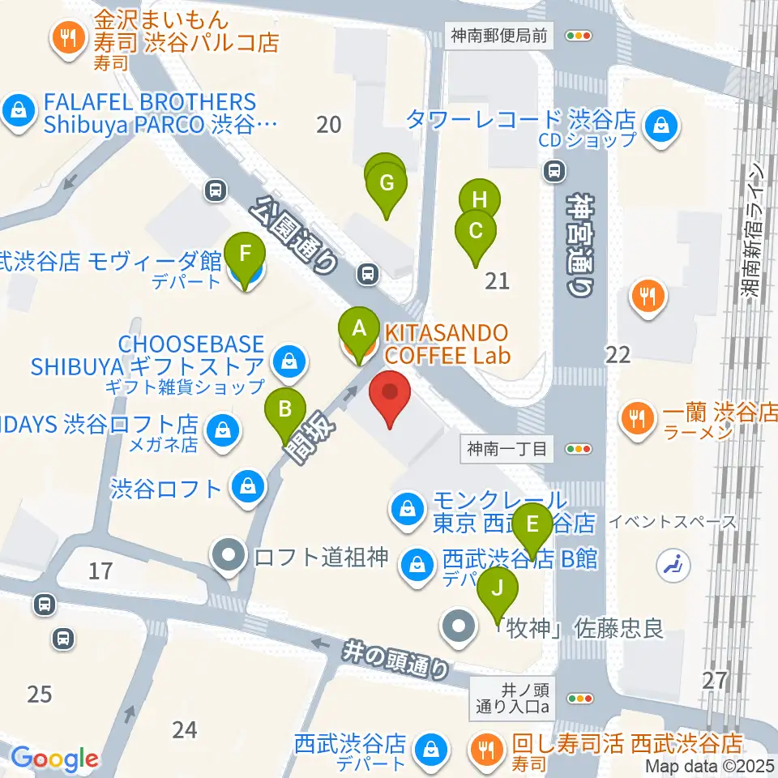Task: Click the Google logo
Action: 54,759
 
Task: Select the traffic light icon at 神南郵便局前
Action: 579,35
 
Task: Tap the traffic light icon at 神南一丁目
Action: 579,447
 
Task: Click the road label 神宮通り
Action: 580,243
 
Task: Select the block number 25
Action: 39,694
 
